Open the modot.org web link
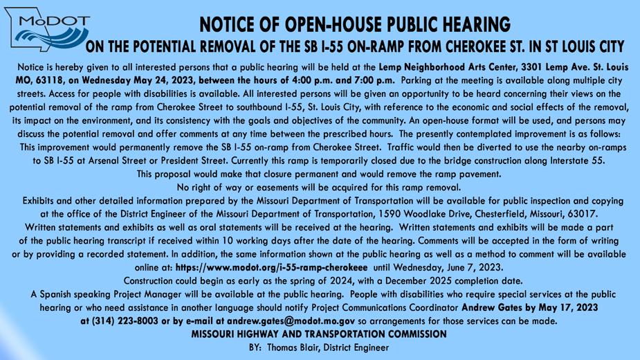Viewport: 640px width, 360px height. [271, 267]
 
